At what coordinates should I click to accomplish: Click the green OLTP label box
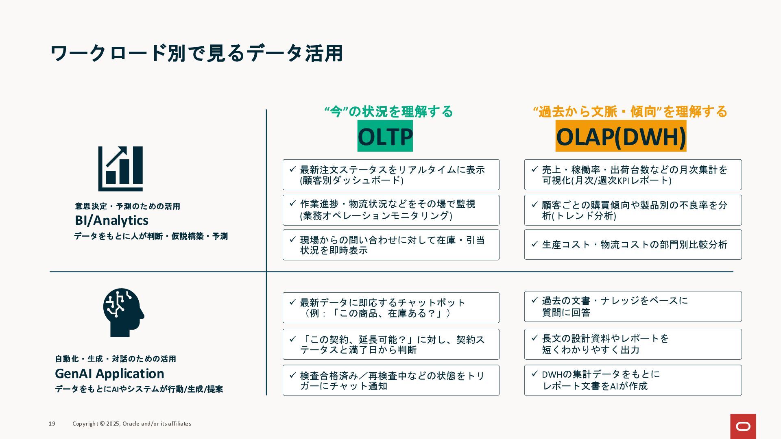click(385, 136)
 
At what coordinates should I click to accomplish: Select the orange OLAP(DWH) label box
click(621, 136)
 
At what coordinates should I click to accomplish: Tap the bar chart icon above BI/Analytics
click(120, 169)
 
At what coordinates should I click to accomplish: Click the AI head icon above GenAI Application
click(123, 312)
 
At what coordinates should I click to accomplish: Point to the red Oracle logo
click(743, 426)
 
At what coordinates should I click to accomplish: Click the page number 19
click(52, 424)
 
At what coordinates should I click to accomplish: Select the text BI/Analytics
click(112, 220)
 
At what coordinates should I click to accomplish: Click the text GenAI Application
click(109, 374)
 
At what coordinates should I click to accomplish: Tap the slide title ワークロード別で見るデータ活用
click(196, 53)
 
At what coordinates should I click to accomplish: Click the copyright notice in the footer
click(132, 424)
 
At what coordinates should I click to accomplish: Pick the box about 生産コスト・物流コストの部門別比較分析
click(633, 245)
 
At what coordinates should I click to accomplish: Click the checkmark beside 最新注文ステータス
click(292, 169)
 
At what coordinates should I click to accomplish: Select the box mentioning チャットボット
click(391, 308)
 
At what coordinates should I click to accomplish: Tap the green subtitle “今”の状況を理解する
click(388, 111)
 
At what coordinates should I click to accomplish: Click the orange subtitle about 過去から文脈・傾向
click(630, 111)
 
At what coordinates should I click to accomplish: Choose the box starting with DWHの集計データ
click(633, 380)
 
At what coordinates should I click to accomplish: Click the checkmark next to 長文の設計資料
click(535, 338)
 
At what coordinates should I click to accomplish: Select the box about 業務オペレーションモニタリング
click(391, 210)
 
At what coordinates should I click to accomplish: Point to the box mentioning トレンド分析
click(633, 210)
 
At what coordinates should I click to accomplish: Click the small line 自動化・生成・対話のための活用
click(116, 359)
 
